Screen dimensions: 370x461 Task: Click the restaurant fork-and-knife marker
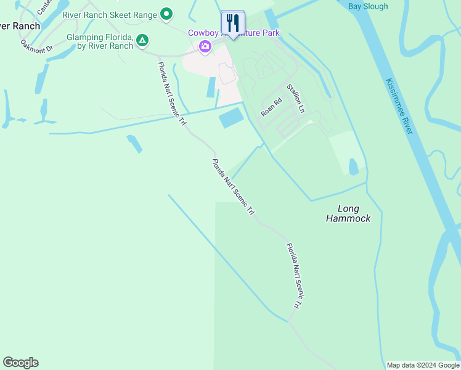(232, 24)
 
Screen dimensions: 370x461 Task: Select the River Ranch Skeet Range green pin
(166, 14)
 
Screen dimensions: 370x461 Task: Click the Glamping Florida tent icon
(142, 41)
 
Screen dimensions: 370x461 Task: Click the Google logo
(20, 363)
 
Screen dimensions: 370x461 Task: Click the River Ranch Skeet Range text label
(109, 14)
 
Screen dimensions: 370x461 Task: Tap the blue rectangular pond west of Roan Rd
(231, 117)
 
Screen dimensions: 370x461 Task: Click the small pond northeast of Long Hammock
(353, 166)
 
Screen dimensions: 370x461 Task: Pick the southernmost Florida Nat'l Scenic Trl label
(294, 276)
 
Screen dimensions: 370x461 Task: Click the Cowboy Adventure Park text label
(234, 33)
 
